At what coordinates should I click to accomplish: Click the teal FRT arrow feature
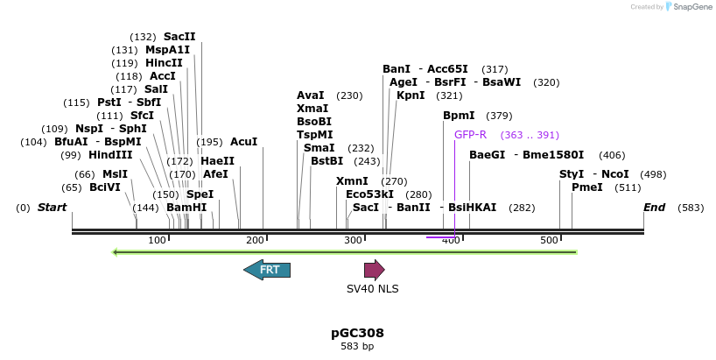267,270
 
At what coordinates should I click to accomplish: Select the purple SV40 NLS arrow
375,270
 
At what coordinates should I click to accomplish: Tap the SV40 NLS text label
373,288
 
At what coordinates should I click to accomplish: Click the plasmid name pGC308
357,333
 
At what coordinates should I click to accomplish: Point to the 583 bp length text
357,346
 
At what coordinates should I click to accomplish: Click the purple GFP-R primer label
470,135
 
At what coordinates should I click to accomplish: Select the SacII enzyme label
179,37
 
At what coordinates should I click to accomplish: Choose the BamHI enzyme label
186,208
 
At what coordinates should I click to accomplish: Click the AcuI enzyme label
244,142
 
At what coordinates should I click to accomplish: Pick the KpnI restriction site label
411,95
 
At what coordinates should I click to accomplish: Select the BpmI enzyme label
459,116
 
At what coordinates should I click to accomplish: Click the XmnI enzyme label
352,181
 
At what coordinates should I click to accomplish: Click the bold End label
654,207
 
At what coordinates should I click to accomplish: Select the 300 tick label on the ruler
353,240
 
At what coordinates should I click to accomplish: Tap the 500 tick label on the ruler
549,240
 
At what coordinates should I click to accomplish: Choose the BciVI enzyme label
105,187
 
